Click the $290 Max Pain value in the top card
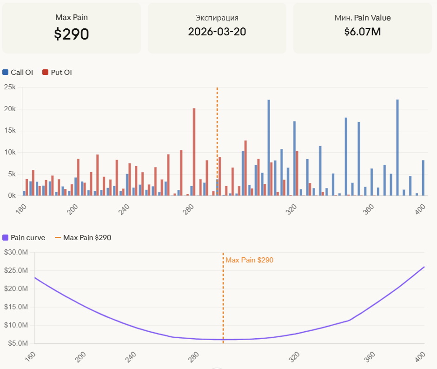pos(72,34)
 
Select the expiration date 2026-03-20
pos(217,32)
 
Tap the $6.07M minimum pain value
pos(363,32)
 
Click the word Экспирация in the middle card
pos(217,18)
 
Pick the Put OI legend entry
pos(57,73)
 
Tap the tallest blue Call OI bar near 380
pos(397,147)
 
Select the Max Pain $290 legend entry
pos(83,238)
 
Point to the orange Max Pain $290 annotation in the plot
pos(249,260)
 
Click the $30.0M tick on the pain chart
pos(16,252)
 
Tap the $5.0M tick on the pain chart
pos(17,343)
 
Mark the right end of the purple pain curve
pos(424,267)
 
